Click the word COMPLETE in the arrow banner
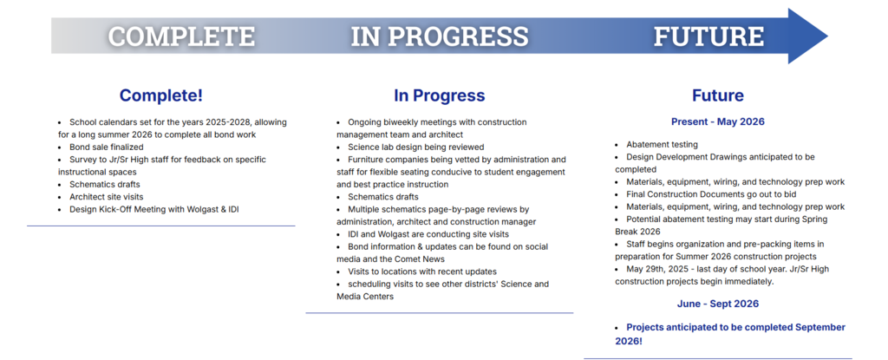coord(182,36)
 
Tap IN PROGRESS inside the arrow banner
coord(440,36)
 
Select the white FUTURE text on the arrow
coord(708,36)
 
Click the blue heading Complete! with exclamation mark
coord(160,95)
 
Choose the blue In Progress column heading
coord(440,95)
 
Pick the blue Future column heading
coord(717,95)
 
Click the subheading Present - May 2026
coord(717,121)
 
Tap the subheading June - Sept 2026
coord(717,304)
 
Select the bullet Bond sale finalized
coord(106,147)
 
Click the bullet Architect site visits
coord(106,197)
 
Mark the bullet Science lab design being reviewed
coord(415,147)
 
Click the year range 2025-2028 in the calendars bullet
coord(214,122)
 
